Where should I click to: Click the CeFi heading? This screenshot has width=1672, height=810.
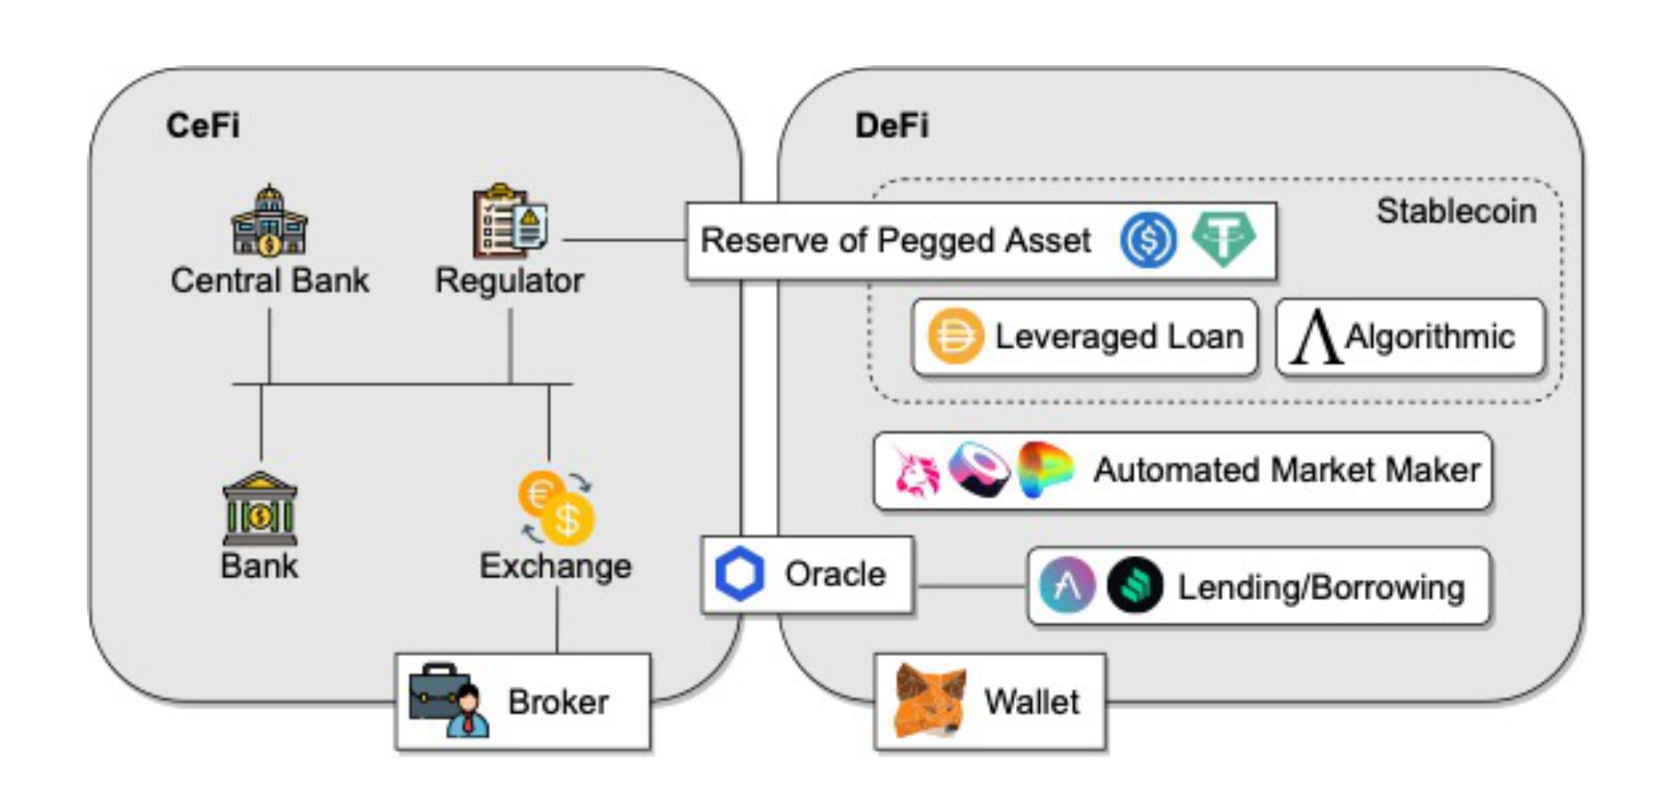click(203, 126)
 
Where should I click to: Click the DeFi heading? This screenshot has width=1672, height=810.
click(892, 126)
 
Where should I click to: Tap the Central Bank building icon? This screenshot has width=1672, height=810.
click(269, 221)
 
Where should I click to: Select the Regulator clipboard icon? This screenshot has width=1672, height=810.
click(510, 221)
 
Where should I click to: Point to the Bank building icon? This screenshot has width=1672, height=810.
click(260, 509)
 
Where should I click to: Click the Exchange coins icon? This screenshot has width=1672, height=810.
click(556, 507)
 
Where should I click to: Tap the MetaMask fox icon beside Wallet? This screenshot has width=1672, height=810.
click(930, 701)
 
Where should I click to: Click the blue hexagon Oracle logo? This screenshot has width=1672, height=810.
click(740, 574)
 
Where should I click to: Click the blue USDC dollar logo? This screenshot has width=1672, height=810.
click(1148, 239)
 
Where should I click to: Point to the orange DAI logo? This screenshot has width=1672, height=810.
click(956, 336)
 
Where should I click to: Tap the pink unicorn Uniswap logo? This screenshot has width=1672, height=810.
click(915, 471)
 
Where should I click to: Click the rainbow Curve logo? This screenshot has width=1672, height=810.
click(1045, 469)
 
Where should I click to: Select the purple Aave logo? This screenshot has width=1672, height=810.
click(1067, 586)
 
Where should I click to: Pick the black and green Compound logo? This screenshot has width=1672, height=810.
click(1134, 586)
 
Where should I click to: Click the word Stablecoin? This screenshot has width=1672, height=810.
click(1456, 211)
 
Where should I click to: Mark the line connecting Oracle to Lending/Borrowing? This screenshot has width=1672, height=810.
click(970, 586)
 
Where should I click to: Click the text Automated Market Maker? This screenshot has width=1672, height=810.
click(1287, 470)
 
